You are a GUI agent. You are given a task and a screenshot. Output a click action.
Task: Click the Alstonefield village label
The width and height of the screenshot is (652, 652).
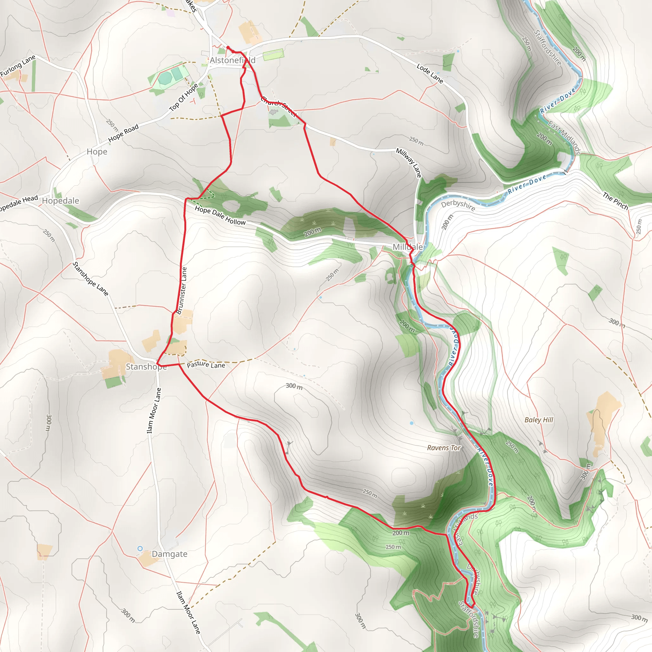232,60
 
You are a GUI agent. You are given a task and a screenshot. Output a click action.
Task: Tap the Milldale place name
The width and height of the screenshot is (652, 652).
407,247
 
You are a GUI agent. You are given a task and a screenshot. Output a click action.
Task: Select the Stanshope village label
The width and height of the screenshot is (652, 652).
146,367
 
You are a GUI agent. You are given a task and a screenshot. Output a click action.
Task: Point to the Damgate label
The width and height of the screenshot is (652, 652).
169,554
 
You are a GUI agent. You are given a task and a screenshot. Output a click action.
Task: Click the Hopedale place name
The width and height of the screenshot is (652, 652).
60,201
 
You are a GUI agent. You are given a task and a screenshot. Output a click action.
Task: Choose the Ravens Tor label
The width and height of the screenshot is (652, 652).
444,448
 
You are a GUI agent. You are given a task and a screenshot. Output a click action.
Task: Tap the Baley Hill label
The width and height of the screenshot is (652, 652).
539,420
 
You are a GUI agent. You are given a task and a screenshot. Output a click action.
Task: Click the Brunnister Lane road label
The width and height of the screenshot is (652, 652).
181,291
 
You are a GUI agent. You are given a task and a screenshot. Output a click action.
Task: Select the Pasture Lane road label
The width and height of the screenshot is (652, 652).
206,365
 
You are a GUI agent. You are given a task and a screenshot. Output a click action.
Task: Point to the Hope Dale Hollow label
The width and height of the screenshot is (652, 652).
220,215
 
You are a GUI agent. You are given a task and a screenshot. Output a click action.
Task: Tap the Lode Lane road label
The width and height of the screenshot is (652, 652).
429,73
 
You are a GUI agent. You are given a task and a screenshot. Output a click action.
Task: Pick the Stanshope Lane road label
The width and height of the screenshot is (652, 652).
90,279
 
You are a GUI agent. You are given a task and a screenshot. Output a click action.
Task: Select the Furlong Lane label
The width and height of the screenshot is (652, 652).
18,66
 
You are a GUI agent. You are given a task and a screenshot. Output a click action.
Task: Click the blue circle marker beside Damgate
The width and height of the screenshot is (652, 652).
140,549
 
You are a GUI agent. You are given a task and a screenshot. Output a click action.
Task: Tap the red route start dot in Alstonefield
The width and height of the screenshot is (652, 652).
228,47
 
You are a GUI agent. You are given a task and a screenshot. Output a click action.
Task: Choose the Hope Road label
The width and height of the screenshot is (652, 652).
123,133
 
